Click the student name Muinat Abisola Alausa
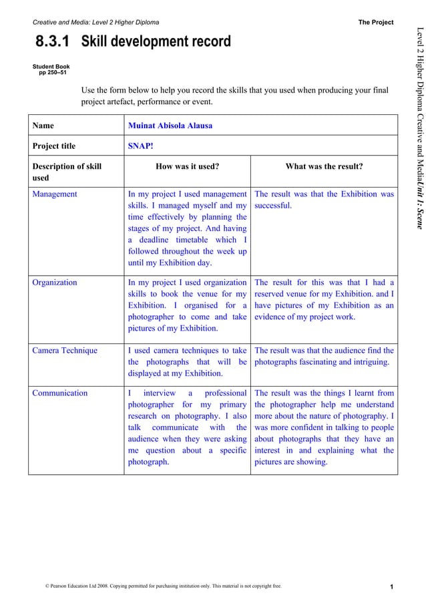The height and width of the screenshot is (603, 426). (170, 125)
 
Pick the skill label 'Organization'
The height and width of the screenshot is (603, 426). (55, 282)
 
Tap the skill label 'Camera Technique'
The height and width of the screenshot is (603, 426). (65, 351)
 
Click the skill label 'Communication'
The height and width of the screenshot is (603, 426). (60, 393)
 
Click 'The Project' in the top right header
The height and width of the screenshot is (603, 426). (376, 22)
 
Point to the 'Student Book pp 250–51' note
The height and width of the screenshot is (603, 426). (51, 69)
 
